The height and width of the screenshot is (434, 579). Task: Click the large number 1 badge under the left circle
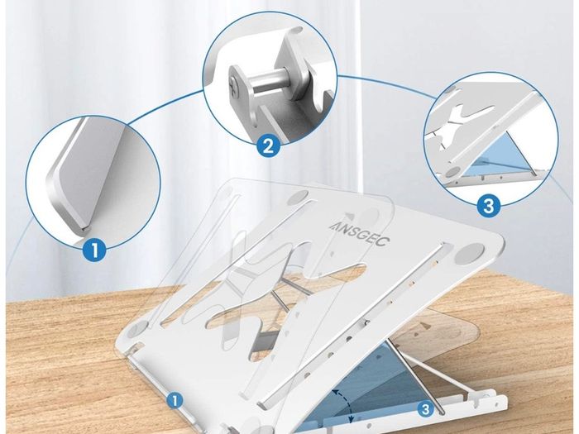point(94,250)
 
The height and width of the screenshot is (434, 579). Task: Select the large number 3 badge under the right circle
point(488,205)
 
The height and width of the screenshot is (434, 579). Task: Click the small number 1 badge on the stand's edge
point(175,400)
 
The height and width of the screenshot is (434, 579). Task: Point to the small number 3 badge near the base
point(426,409)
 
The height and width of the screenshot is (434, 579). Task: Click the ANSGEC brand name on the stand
point(359,233)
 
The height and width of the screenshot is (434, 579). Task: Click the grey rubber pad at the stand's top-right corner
point(469,253)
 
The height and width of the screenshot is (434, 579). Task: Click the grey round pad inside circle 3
point(453,171)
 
